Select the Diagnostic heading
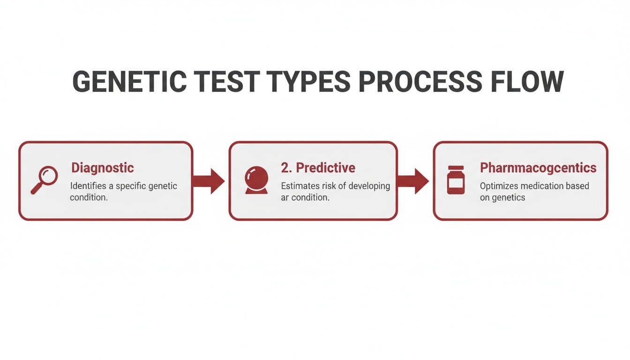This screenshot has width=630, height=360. point(102,168)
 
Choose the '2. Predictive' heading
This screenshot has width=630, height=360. point(318,168)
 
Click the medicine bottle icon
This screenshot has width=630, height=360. point(456,180)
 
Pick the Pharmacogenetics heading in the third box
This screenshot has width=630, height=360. point(538,168)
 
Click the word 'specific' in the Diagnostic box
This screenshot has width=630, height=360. point(134,186)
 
